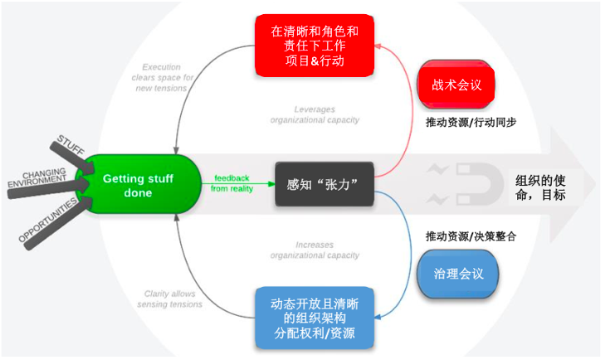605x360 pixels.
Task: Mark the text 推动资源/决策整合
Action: click(x=471, y=236)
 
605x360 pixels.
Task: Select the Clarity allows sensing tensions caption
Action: click(x=169, y=299)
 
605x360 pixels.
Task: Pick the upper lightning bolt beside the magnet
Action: click(x=437, y=170)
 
